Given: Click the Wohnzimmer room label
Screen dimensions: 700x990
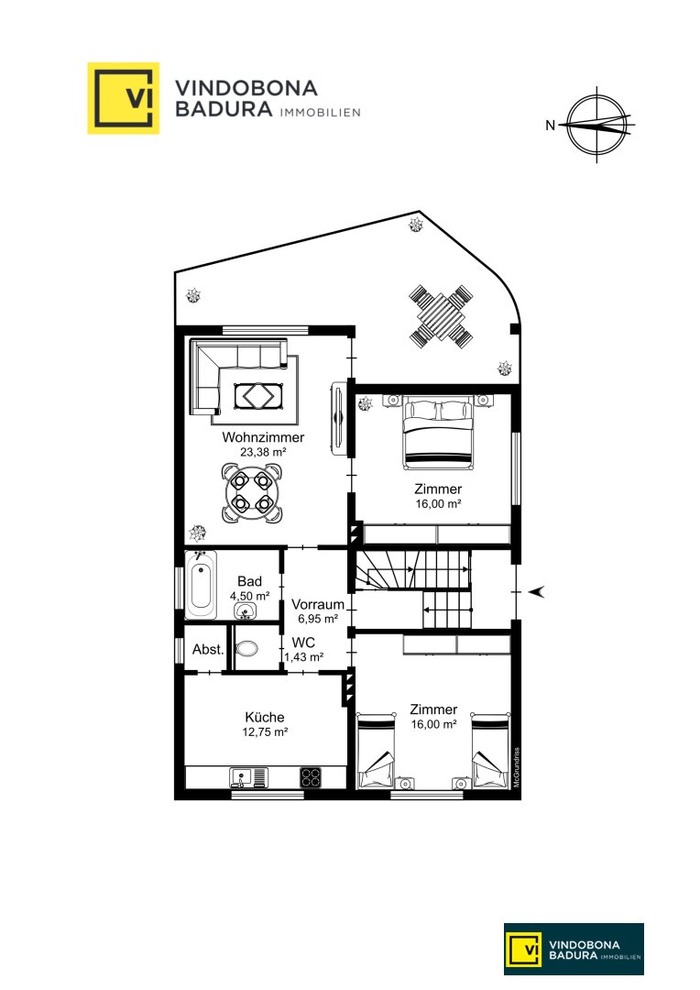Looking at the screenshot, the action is (263, 437).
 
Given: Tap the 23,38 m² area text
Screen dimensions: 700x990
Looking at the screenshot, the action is (263, 452).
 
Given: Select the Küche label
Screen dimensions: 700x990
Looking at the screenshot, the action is (265, 717).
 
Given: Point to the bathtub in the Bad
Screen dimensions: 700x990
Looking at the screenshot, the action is (202, 585).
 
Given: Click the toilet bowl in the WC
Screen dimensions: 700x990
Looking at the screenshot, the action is (246, 648).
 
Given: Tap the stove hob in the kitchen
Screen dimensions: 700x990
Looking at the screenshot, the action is (310, 776).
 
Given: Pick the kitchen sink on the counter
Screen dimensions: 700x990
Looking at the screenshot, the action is (248, 777).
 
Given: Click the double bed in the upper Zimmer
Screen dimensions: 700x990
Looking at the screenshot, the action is (438, 433).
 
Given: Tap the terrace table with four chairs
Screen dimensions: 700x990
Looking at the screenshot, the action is (441, 316).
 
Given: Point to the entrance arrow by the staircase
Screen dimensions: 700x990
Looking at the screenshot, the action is (536, 591).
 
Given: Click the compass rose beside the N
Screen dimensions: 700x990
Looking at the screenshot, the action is (596, 125).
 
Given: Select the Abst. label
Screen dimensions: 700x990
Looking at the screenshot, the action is (208, 649).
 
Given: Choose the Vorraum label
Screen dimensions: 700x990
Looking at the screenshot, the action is (318, 604).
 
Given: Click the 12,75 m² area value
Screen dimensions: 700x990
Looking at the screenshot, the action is (265, 731).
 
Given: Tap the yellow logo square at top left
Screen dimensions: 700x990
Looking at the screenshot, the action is (123, 98).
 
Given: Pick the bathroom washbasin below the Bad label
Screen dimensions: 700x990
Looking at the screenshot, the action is (245, 610).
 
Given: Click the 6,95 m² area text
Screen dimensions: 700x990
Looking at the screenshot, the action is (318, 619).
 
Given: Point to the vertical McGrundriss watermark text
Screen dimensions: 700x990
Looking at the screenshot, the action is (517, 767).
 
